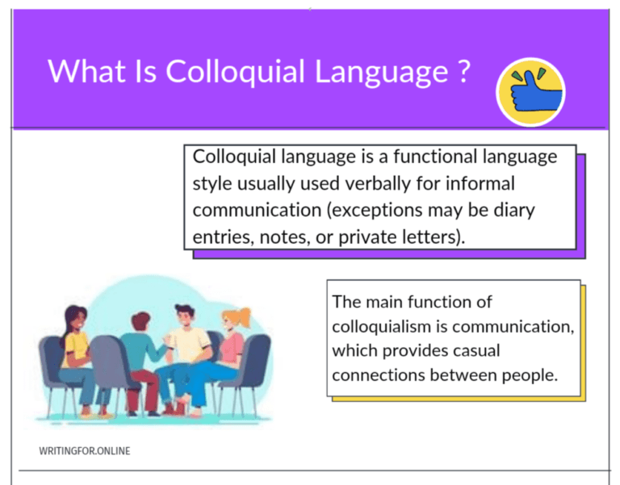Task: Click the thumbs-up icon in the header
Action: click(530, 92)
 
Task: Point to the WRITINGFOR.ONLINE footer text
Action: click(84, 450)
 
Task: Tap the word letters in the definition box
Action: click(432, 237)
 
